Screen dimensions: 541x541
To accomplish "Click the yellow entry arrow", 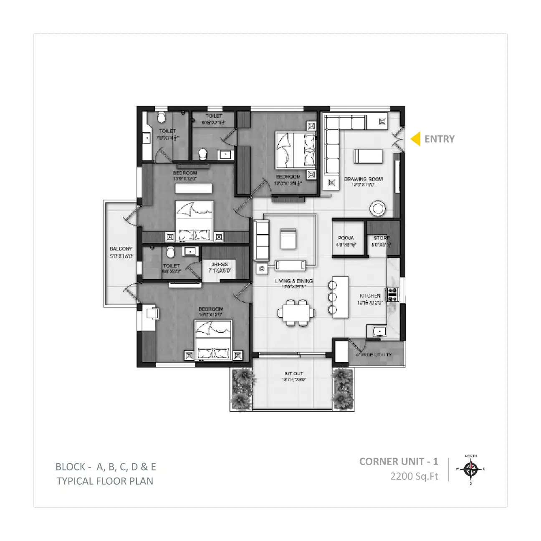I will pos(416,139).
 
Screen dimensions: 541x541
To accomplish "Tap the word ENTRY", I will pos(439,139).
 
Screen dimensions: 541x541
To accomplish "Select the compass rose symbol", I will pos(471,469).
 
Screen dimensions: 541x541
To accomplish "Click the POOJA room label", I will pos(346,238).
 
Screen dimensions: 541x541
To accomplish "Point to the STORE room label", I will pos(382,238).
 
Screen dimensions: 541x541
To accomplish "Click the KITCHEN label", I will pos(370,296).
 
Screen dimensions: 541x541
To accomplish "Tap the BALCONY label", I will pos(121,249).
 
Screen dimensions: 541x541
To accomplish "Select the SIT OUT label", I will pos(294,374).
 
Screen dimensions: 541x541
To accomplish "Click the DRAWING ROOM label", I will pos(363,179).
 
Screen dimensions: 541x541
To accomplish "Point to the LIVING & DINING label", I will pos(294,281).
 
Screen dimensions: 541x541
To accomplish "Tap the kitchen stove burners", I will pos(392,294).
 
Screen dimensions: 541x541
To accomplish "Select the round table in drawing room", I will pos(378,209).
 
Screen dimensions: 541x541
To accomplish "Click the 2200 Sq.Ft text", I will pos(414,476).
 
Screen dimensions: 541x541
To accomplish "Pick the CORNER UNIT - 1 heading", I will pos(399,461).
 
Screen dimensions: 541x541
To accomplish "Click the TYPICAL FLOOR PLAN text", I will pos(105,481).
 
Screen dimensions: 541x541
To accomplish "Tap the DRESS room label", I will pos(219,264).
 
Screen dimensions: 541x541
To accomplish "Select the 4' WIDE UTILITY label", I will pos(374,355).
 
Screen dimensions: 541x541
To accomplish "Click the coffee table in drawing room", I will pos(368,157).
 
